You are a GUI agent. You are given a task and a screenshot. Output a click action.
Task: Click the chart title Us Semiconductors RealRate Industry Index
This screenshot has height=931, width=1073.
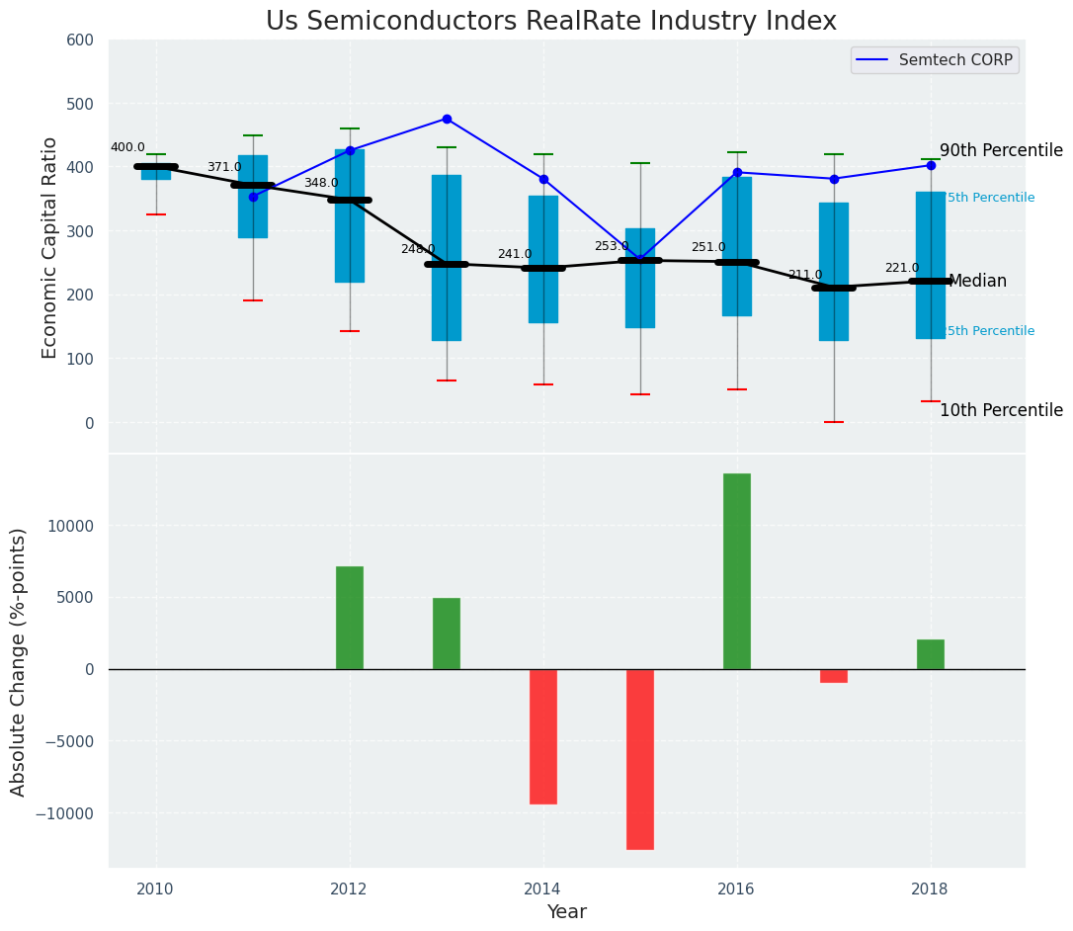click(x=550, y=22)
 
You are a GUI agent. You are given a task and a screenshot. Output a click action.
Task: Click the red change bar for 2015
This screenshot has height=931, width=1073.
click(x=639, y=759)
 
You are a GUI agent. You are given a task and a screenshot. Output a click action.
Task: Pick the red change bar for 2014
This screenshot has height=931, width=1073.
click(x=542, y=736)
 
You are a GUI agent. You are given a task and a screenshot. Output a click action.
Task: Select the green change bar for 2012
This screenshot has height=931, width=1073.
click(x=349, y=618)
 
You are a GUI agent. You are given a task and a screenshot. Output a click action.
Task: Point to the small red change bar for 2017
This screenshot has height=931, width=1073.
click(x=833, y=676)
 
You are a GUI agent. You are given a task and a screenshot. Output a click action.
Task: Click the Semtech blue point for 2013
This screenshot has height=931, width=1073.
click(x=447, y=119)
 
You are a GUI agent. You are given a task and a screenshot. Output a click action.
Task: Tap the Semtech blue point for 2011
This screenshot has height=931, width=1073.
click(x=253, y=197)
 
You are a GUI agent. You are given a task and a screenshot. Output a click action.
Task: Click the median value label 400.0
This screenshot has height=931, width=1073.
click(x=127, y=148)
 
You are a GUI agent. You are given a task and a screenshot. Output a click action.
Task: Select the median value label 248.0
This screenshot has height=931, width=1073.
click(x=418, y=249)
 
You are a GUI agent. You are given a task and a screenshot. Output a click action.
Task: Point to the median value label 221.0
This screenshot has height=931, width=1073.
click(x=901, y=268)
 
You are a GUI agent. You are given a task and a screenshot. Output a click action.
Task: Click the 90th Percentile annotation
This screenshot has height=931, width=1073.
click(x=1001, y=151)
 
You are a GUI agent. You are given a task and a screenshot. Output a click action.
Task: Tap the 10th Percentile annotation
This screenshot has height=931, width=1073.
click(x=1001, y=411)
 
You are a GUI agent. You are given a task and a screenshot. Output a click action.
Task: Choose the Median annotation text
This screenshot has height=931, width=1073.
click(x=977, y=282)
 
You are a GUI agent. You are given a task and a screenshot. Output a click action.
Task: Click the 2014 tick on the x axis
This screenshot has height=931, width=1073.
click(x=542, y=889)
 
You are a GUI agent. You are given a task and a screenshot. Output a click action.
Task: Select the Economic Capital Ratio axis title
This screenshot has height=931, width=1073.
click(x=50, y=247)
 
